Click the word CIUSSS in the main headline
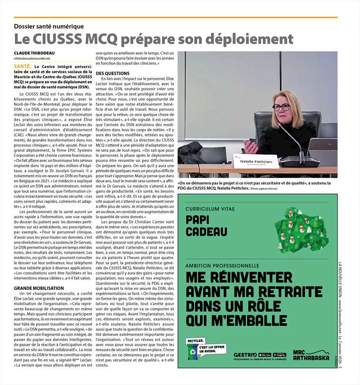(x=58, y=38)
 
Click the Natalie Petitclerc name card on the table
(x=254, y=161)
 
